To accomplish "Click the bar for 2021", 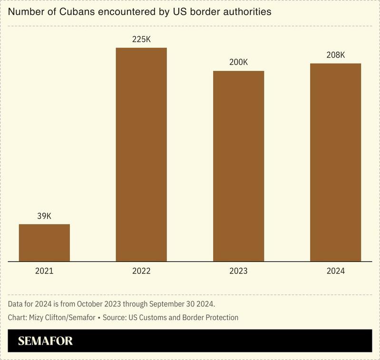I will click(44, 243).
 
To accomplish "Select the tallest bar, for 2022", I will click(141, 155).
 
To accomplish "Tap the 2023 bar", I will click(238, 166).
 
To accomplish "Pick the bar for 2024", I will click(335, 162).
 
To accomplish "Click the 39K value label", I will click(44, 216).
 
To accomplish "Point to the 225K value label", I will click(141, 39).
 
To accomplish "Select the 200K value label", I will click(238, 62).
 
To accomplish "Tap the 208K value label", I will click(335, 55).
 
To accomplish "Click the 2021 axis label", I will click(44, 271).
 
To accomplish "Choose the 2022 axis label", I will click(141, 271).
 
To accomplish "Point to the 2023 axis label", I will click(238, 271).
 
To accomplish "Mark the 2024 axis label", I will click(335, 271).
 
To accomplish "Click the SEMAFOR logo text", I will click(46, 341).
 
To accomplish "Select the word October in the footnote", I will click(92, 303).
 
